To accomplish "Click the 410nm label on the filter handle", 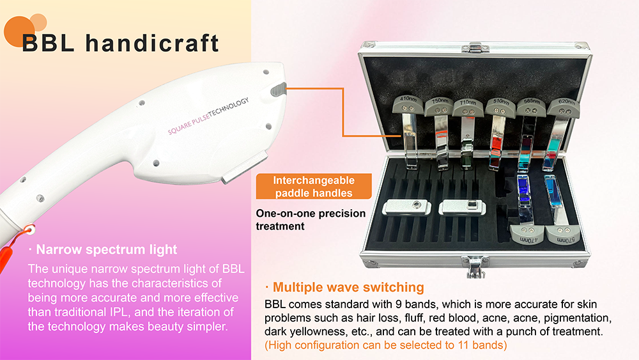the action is (x=408, y=98).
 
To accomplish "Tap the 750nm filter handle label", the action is (x=440, y=100).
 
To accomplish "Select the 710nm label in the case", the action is (x=468, y=102).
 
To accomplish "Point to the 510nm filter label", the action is (x=501, y=101).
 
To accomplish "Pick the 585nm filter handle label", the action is (x=532, y=101).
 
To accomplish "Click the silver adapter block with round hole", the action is (x=406, y=207).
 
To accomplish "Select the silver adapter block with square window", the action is (x=462, y=207).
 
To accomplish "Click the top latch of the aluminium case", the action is (x=475, y=48).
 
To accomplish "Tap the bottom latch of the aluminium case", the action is (x=475, y=265).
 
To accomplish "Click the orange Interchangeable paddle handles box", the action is (x=314, y=186).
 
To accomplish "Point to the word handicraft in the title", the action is (x=153, y=43).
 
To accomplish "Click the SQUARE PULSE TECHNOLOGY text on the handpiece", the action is (x=208, y=116).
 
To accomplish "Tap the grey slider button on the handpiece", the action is (x=279, y=90).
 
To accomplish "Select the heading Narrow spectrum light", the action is (x=106, y=249).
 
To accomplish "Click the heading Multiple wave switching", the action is (x=348, y=287).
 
